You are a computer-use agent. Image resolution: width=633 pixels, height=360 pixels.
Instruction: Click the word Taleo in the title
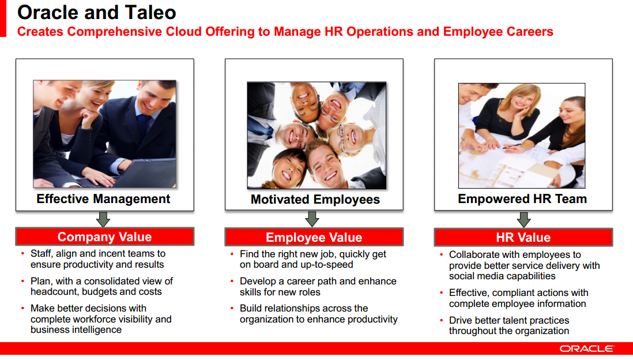click(x=150, y=13)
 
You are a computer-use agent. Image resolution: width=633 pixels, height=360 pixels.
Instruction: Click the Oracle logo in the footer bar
click(x=586, y=348)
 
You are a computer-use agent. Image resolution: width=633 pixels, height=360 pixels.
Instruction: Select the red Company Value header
click(x=104, y=237)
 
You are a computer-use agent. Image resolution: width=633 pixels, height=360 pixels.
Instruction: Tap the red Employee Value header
click(x=314, y=237)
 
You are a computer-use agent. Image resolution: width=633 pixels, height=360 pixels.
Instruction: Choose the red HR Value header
click(x=523, y=237)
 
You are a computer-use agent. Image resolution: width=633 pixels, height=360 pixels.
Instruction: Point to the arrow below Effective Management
click(x=103, y=219)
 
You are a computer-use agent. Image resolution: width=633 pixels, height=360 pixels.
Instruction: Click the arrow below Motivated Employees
click(x=312, y=219)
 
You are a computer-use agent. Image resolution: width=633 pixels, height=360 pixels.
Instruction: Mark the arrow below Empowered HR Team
click(x=523, y=219)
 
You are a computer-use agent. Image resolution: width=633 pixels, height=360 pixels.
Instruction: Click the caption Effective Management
click(x=103, y=199)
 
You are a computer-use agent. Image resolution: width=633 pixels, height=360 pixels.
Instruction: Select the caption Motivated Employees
click(x=315, y=199)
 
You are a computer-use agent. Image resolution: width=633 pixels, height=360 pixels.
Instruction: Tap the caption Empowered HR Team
click(x=522, y=199)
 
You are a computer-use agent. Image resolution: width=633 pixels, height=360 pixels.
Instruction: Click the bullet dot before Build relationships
click(x=232, y=308)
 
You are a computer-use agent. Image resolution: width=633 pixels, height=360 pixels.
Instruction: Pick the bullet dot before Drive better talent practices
click(x=442, y=320)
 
